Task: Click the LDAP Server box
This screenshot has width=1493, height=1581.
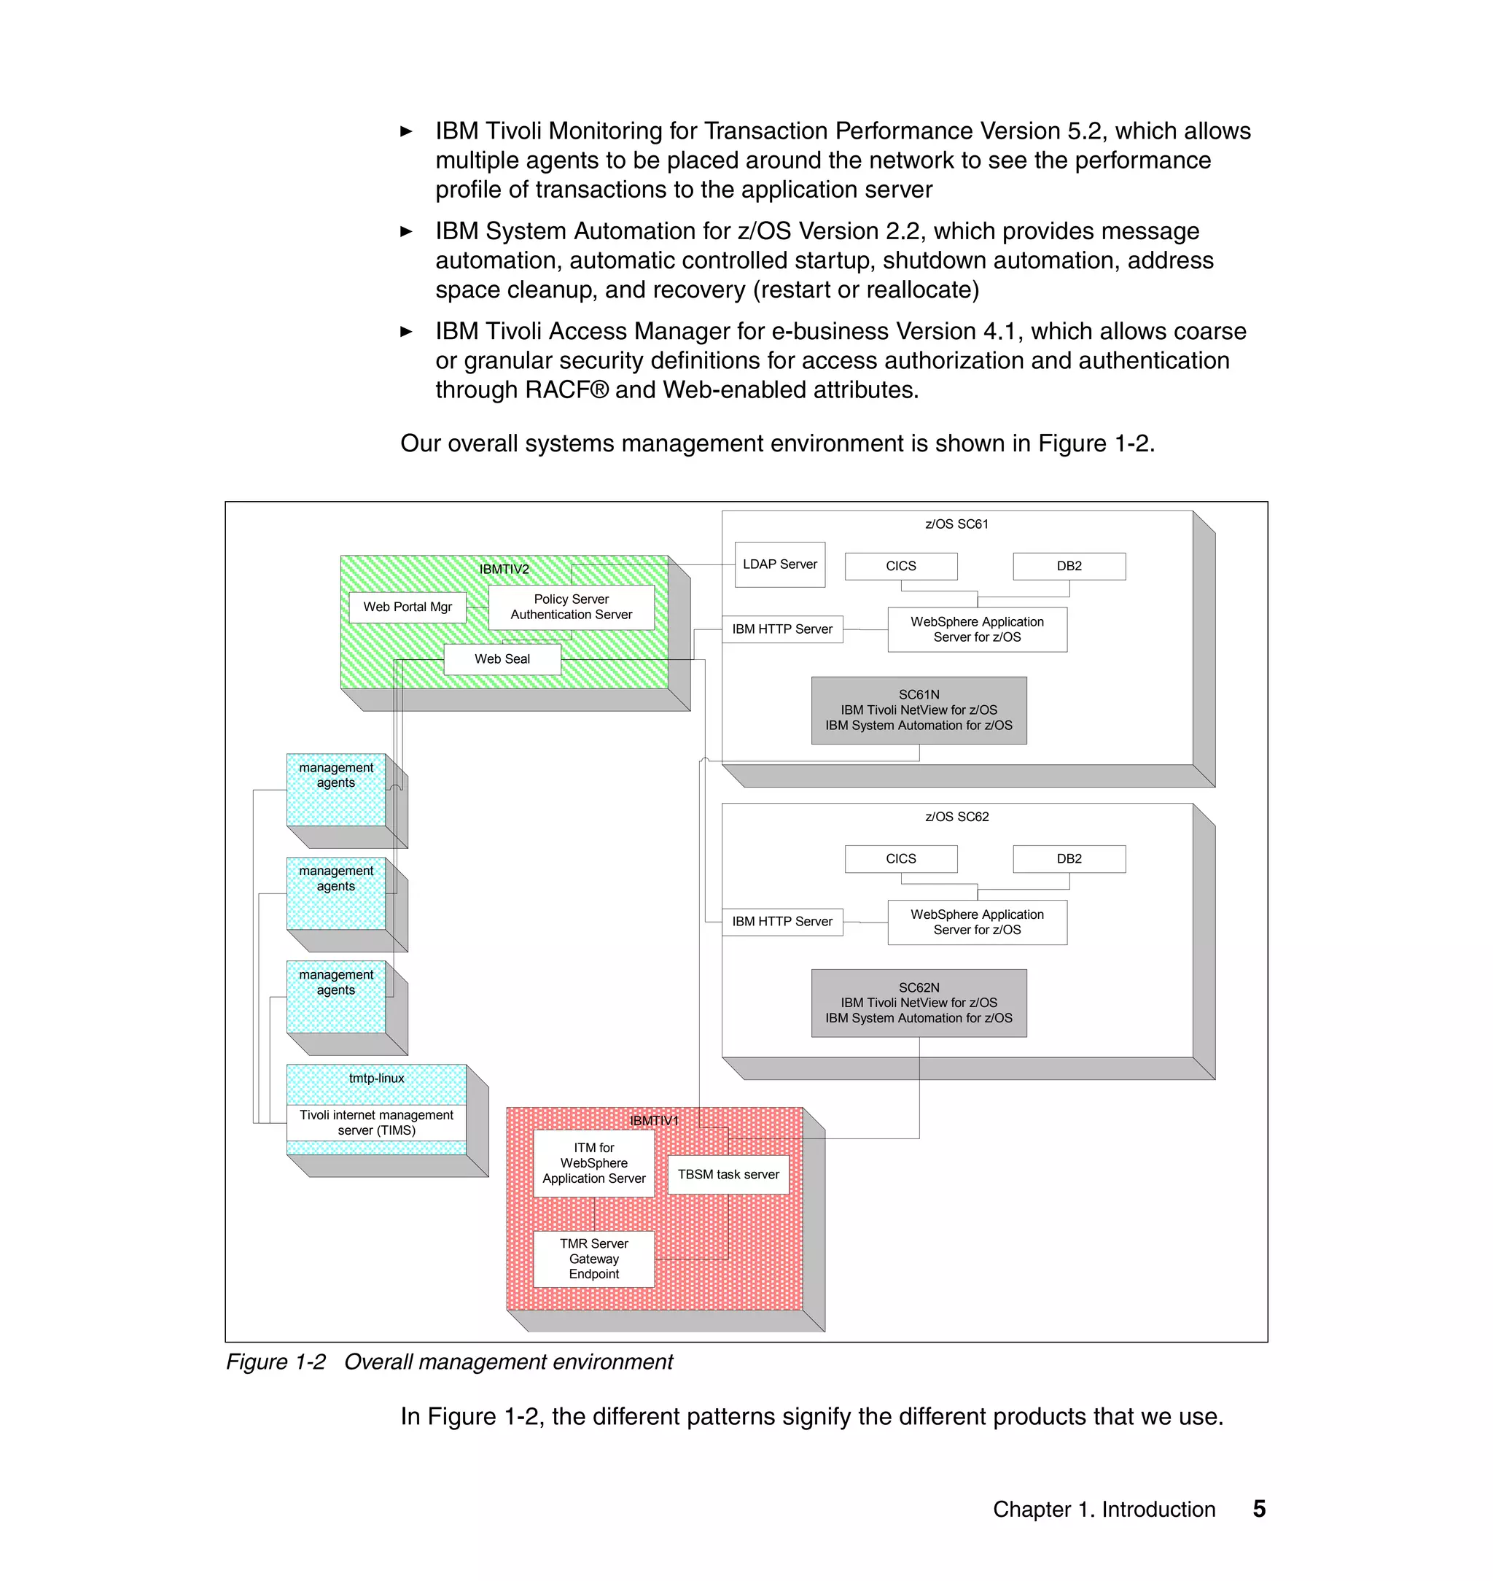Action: click(779, 564)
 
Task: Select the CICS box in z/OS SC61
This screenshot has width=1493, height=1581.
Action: click(900, 566)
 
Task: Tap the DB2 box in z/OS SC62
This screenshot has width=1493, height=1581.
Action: click(1068, 859)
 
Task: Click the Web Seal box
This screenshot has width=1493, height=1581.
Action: click(502, 659)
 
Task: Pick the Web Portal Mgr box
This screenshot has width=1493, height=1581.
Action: click(408, 607)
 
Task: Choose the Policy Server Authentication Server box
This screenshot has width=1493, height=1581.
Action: click(571, 607)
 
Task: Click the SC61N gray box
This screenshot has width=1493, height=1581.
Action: click(919, 710)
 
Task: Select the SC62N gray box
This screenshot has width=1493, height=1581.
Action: click(919, 1003)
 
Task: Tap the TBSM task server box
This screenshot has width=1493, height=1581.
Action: click(728, 1174)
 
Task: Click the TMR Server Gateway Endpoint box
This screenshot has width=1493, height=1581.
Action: click(593, 1259)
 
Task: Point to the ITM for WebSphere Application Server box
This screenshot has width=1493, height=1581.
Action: click(593, 1163)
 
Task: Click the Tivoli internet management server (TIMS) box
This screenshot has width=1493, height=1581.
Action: click(375, 1122)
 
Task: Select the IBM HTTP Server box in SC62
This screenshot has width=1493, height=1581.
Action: click(781, 922)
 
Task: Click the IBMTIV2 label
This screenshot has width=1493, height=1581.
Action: click(504, 570)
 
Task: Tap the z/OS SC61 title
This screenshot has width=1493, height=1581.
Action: click(956, 524)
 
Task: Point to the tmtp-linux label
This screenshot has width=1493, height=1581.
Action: click(376, 1078)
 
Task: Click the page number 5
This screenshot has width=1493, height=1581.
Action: click(1259, 1509)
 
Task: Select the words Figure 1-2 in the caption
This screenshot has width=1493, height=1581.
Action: click(276, 1362)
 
